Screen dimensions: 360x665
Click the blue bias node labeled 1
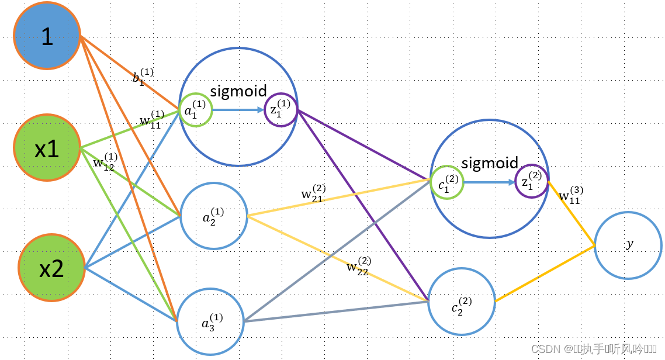(x=47, y=37)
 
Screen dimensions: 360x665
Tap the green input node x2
(x=51, y=268)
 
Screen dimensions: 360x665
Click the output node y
(x=628, y=245)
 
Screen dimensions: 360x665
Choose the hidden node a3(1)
(x=210, y=321)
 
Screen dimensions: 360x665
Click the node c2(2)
(x=461, y=302)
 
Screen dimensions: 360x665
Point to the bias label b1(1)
(x=143, y=78)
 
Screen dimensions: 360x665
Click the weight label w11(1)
(x=151, y=119)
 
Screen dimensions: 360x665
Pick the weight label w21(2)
(x=313, y=193)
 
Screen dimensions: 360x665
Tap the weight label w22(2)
(x=358, y=266)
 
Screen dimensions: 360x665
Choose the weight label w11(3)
(x=570, y=195)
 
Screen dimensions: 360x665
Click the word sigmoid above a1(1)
(x=238, y=91)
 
